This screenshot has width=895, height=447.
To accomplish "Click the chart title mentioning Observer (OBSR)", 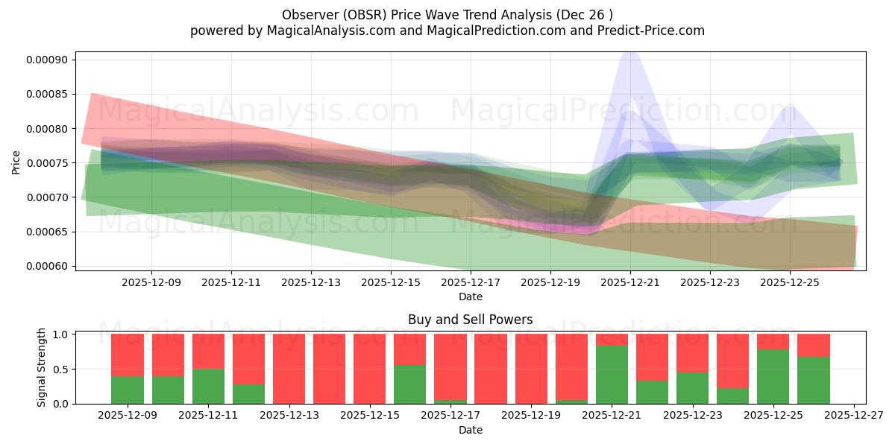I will pyautogui.click(x=447, y=15).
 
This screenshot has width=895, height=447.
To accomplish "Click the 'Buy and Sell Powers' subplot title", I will pyautogui.click(x=470, y=320).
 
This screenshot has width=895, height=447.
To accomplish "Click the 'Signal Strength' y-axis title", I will pyautogui.click(x=42, y=367).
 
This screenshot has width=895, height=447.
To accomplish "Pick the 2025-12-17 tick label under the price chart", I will pyautogui.click(x=471, y=282).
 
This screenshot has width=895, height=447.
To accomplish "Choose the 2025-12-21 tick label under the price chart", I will pyautogui.click(x=630, y=282).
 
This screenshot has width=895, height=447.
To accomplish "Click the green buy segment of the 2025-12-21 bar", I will pyautogui.click(x=612, y=375).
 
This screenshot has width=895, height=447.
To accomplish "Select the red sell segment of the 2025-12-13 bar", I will pyautogui.click(x=289, y=369).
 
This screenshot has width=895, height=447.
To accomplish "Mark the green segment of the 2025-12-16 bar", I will pyautogui.click(x=409, y=384).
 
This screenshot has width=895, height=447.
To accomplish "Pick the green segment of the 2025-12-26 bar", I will pyautogui.click(x=813, y=380).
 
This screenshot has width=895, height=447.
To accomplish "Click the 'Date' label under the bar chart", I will pyautogui.click(x=470, y=430).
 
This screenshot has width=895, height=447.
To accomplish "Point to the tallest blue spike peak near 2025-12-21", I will pyautogui.click(x=630, y=54).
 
